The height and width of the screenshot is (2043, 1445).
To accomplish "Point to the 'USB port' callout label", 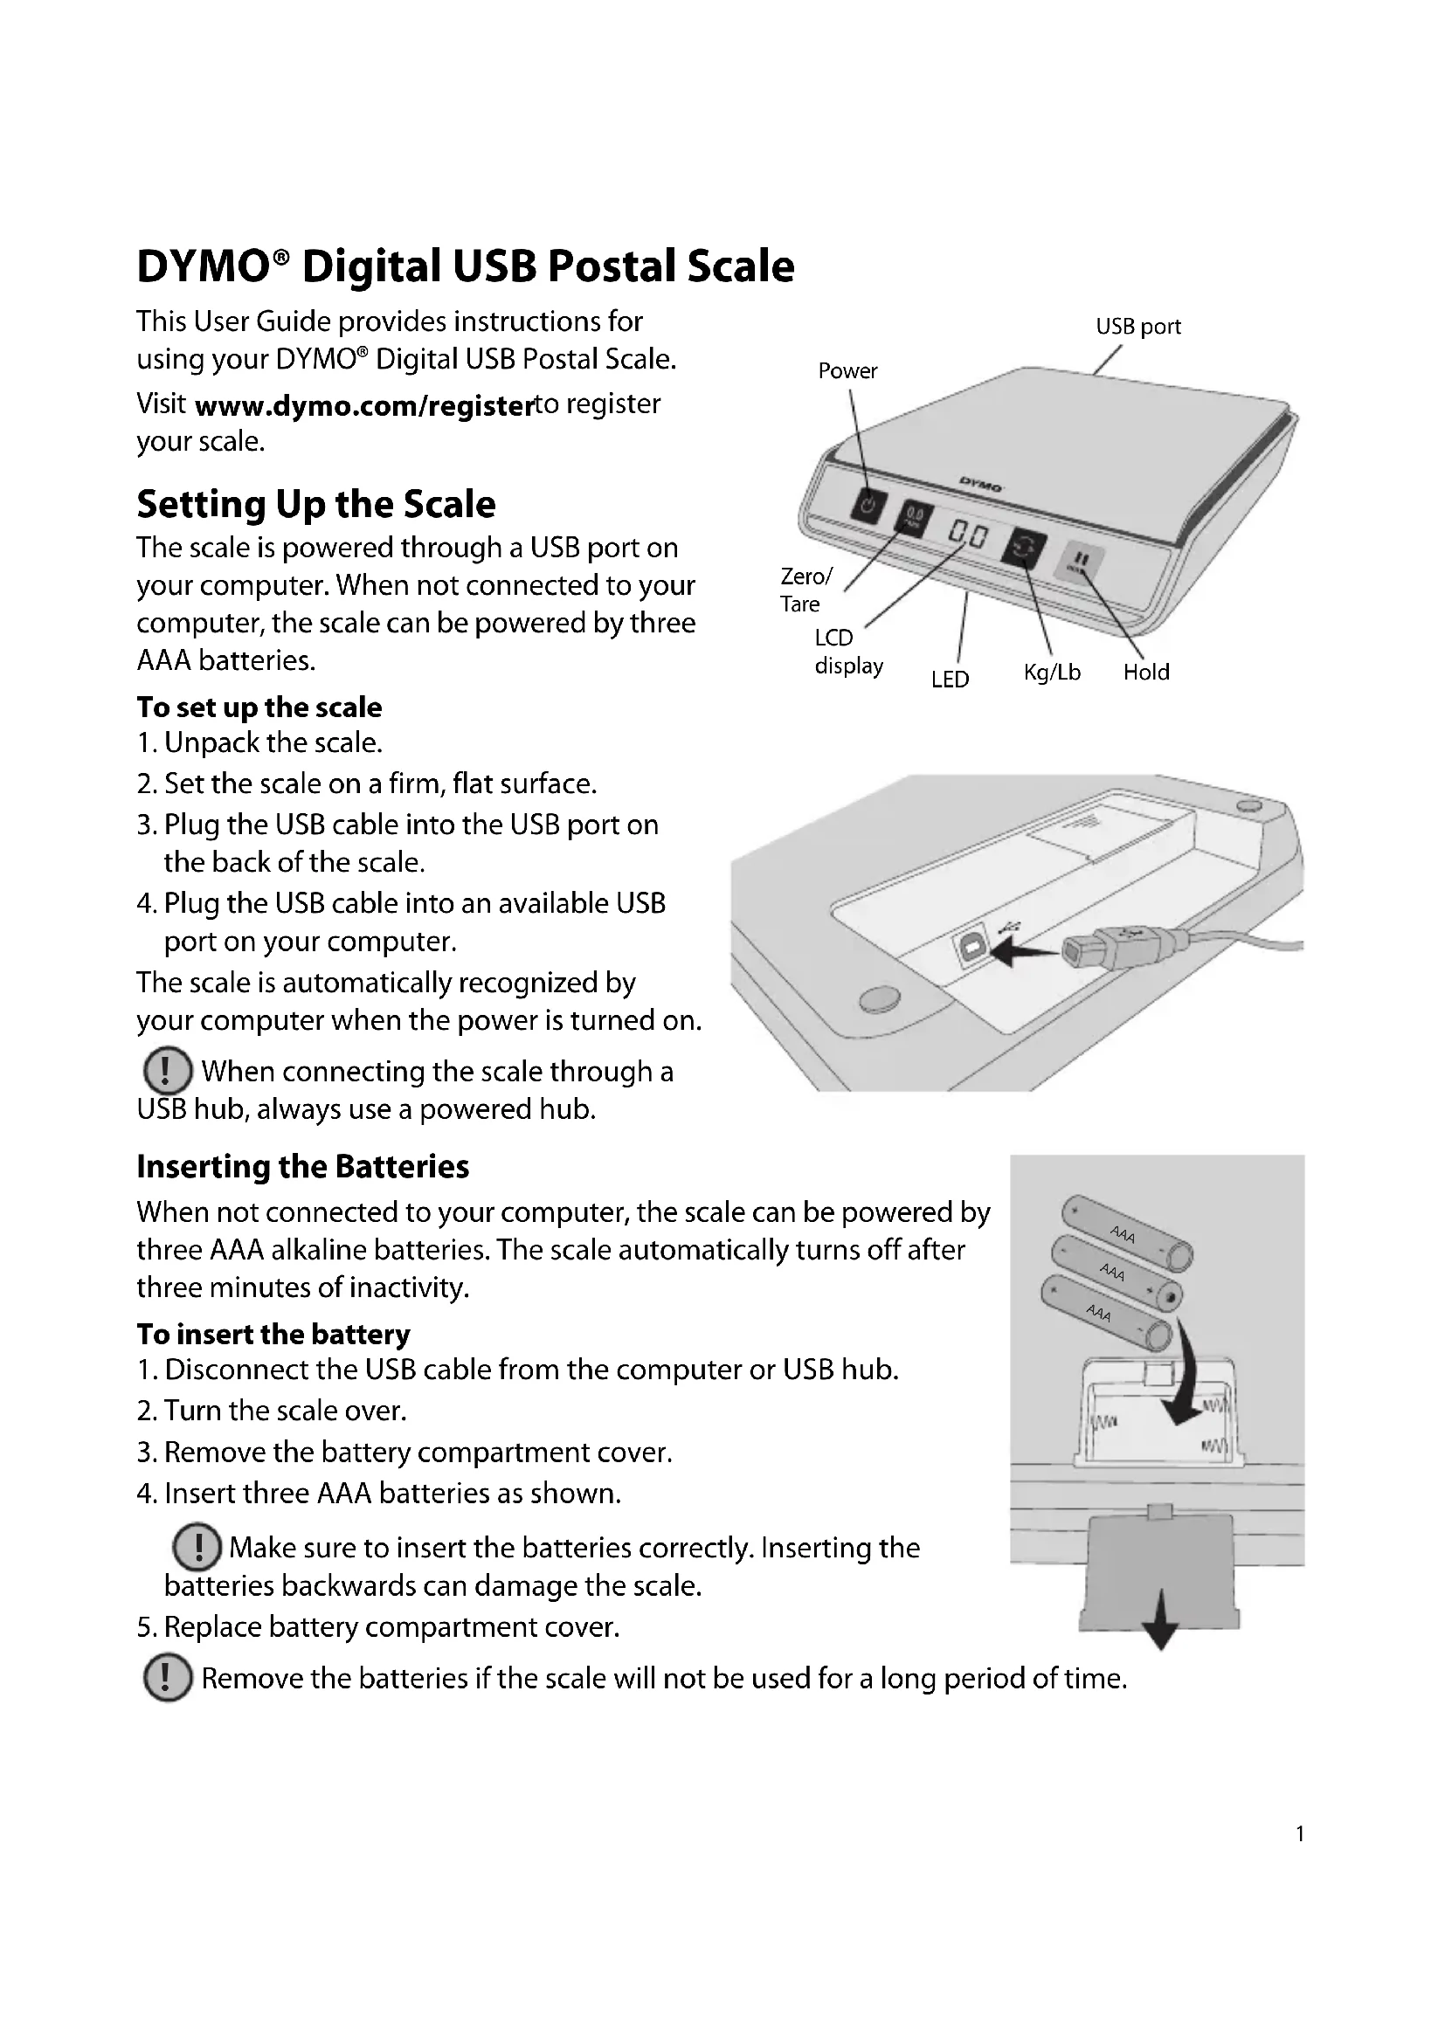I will (x=1138, y=327).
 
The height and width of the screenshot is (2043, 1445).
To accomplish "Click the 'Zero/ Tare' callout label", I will (x=805, y=590).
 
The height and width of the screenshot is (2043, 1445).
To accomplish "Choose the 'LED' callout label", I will (x=950, y=680).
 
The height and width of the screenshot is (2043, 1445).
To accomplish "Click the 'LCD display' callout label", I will (x=848, y=652).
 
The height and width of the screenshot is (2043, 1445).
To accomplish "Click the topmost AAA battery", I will (x=1126, y=1232).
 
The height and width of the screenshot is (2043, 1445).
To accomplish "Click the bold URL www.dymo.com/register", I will (x=363, y=406).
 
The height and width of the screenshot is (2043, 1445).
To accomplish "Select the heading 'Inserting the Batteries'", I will (x=302, y=1167).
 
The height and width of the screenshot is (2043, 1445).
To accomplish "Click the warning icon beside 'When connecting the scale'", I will (x=166, y=1071).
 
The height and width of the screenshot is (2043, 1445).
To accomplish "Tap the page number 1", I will (x=1300, y=1834).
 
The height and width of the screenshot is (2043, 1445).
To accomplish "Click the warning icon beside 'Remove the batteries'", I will (x=167, y=1677).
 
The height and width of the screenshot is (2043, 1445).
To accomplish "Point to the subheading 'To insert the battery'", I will (x=273, y=1334).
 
